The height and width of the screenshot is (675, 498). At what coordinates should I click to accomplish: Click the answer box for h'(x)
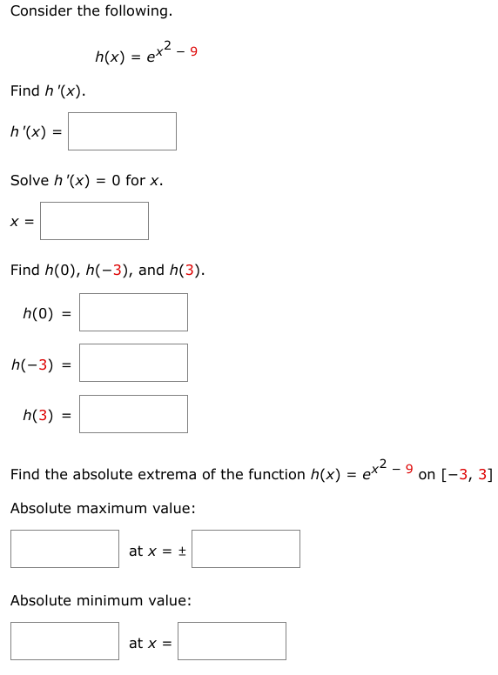tap(122, 131)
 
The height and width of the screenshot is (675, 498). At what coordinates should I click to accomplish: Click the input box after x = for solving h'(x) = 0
tap(94, 221)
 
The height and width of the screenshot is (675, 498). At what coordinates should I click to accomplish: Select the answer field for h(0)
tap(133, 312)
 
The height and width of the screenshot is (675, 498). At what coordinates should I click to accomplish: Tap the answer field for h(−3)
tap(133, 363)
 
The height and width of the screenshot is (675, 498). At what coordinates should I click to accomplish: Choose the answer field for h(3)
tap(133, 414)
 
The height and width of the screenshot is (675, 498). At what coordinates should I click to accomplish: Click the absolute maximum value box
tap(64, 549)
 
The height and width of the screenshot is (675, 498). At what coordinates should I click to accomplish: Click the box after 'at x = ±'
tap(246, 549)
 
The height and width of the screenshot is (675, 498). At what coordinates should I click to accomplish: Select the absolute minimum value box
tap(64, 641)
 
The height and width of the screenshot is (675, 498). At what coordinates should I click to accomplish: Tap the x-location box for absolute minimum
tap(232, 641)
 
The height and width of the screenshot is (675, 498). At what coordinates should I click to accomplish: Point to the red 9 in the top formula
tap(193, 50)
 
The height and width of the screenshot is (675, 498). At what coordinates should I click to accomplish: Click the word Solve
tap(29, 180)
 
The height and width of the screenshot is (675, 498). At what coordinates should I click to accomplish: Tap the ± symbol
tap(182, 551)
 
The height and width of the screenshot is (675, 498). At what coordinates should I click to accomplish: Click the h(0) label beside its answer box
tap(38, 313)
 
